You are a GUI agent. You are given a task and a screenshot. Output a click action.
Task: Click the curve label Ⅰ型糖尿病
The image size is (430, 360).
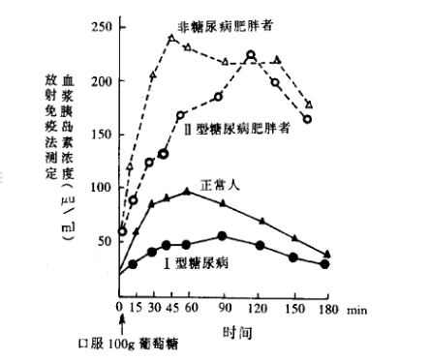pyautogui.click(x=202, y=261)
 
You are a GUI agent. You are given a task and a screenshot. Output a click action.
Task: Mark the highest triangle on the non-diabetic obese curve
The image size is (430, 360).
pyautogui.click(x=171, y=39)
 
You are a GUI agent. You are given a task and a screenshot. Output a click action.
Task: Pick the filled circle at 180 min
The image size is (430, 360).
pyautogui.click(x=325, y=264)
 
